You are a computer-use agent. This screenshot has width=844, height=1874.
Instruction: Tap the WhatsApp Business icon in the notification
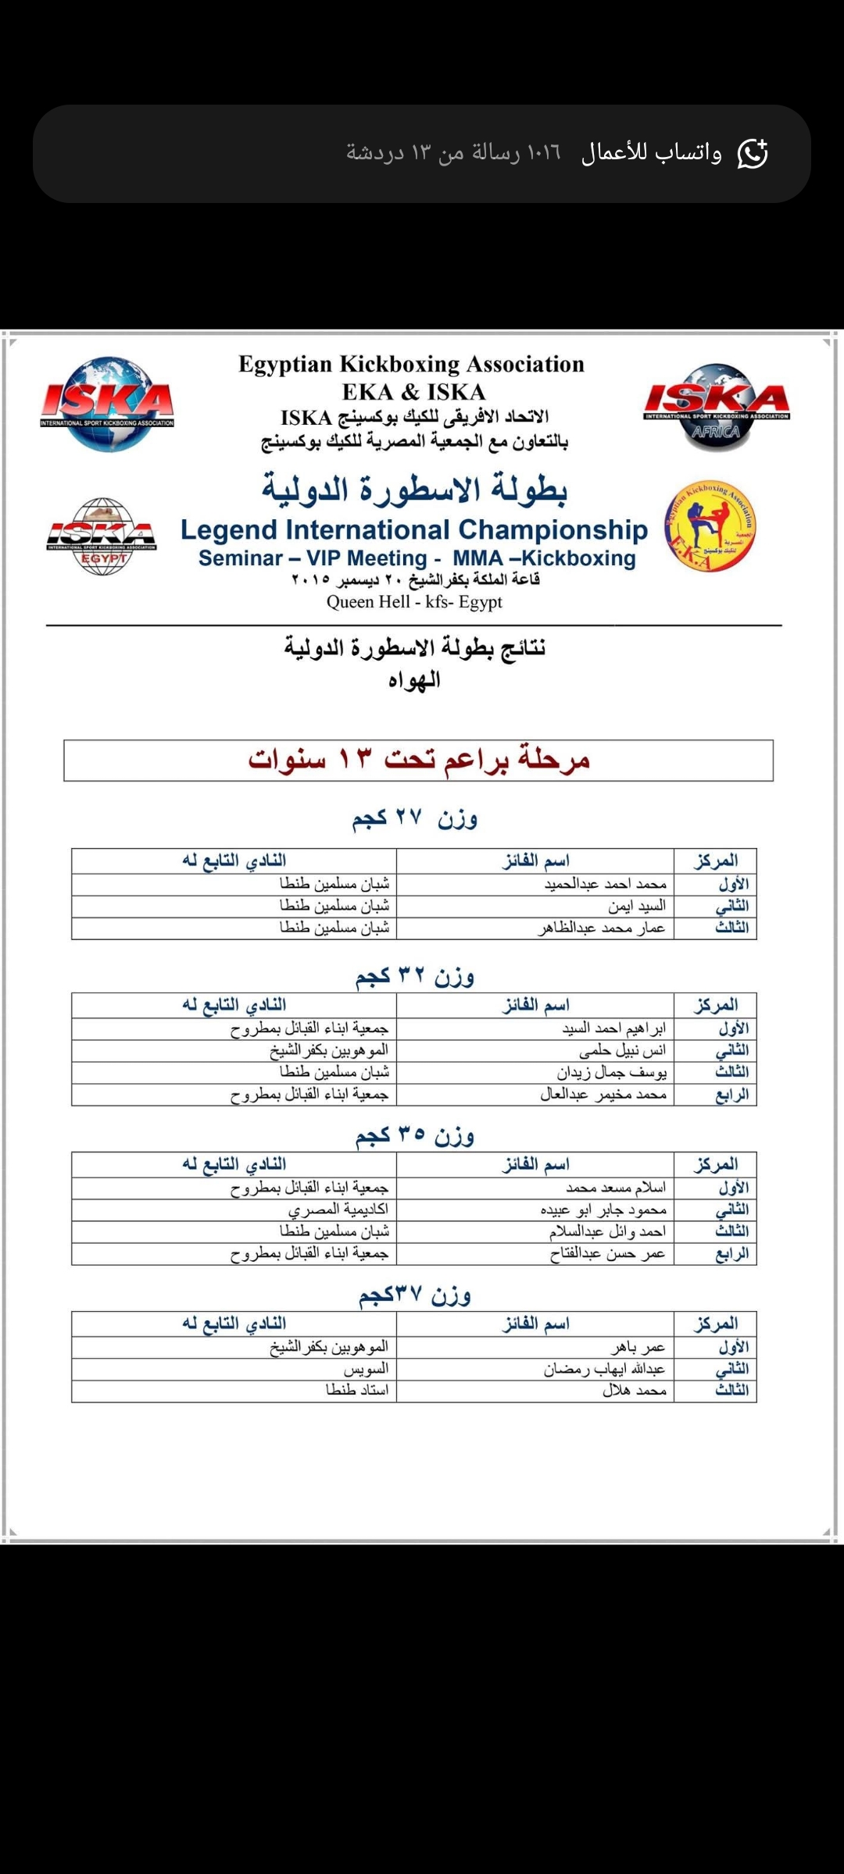tap(753, 154)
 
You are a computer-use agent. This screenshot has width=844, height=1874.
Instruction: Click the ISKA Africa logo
tap(717, 406)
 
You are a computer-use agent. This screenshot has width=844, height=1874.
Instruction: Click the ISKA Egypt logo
tap(102, 536)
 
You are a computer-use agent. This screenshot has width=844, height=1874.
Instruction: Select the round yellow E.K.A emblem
tap(710, 526)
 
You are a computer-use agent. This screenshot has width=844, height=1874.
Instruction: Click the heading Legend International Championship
tap(414, 529)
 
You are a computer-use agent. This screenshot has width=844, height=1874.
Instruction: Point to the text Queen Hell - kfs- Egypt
tap(414, 602)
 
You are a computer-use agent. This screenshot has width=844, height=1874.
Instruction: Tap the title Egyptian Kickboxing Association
tap(412, 364)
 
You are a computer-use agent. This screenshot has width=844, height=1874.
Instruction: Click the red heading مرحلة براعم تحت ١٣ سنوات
tap(419, 760)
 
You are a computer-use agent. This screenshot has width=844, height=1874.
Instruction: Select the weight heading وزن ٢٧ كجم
tap(414, 818)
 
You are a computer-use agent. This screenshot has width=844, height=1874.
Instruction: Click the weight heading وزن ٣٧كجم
tap(414, 1295)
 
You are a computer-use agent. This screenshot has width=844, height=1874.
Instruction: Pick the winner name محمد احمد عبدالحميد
tap(606, 884)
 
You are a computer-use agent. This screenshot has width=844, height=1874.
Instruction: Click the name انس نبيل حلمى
tap(622, 1050)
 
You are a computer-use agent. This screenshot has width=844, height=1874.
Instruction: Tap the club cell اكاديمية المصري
tap(338, 1210)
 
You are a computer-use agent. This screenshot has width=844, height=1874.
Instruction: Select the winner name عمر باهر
tap(638, 1347)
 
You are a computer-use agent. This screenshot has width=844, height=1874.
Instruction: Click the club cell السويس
tap(366, 1369)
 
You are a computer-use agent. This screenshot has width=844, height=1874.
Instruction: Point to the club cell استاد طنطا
tap(357, 1391)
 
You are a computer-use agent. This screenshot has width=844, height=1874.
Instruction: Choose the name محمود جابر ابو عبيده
tap(603, 1210)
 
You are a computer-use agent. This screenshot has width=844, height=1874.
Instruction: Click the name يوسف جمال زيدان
tap(612, 1072)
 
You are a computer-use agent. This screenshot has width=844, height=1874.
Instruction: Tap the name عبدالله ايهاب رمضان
tap(605, 1369)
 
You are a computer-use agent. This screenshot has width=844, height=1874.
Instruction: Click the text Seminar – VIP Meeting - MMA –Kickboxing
tap(417, 558)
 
